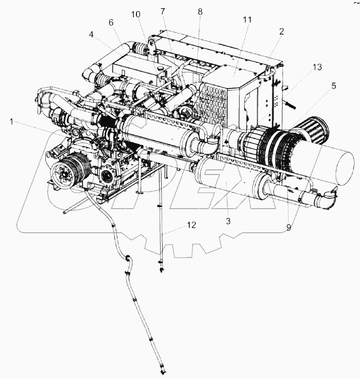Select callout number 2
(x=281, y=31)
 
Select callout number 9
(x=290, y=227)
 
